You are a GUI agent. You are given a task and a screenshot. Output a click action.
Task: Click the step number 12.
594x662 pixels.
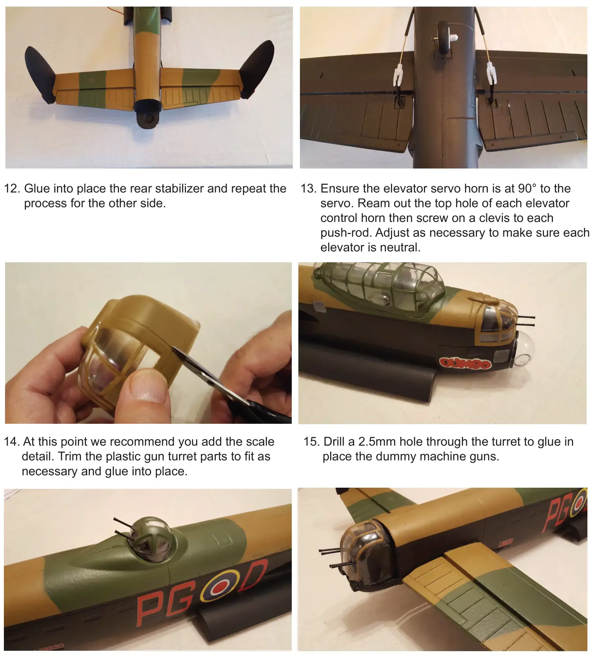[12, 189]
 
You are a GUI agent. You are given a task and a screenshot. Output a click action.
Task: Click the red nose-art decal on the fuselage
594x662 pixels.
[465, 363]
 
